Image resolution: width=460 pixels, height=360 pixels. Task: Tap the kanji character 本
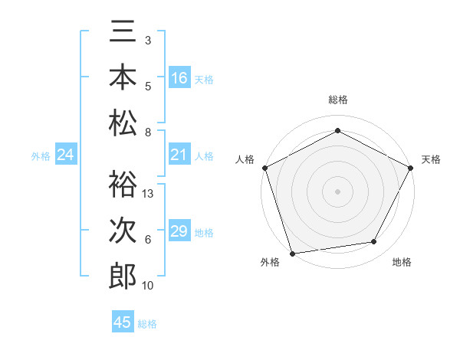pyautogui.click(x=123, y=78)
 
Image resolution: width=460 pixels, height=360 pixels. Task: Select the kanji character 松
pyautogui.click(x=123, y=123)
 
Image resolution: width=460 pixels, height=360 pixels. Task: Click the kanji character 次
pyautogui.click(x=123, y=231)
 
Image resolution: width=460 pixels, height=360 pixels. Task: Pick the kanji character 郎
pyautogui.click(x=123, y=276)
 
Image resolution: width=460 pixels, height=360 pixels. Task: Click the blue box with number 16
pyautogui.click(x=179, y=78)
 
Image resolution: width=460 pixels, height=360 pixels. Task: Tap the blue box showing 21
pyautogui.click(x=179, y=155)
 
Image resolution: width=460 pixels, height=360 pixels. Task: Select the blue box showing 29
pyautogui.click(x=179, y=231)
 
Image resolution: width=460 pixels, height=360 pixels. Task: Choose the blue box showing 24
pyautogui.click(x=66, y=155)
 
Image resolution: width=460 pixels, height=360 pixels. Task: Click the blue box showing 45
pyautogui.click(x=123, y=322)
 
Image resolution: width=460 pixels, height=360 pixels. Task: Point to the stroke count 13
pyautogui.click(x=149, y=194)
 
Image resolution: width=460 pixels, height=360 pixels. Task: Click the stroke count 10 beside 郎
pyautogui.click(x=149, y=286)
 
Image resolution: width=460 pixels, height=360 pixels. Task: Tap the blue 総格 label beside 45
pyautogui.click(x=147, y=324)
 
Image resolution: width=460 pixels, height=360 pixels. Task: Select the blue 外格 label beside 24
pyautogui.click(x=41, y=156)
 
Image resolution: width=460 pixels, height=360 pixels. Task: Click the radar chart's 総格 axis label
pyautogui.click(x=337, y=100)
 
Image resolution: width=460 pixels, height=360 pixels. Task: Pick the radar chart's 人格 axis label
pyautogui.click(x=245, y=159)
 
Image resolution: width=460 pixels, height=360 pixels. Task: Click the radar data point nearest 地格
pyautogui.click(x=374, y=242)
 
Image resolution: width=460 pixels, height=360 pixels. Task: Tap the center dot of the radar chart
pyautogui.click(x=337, y=191)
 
